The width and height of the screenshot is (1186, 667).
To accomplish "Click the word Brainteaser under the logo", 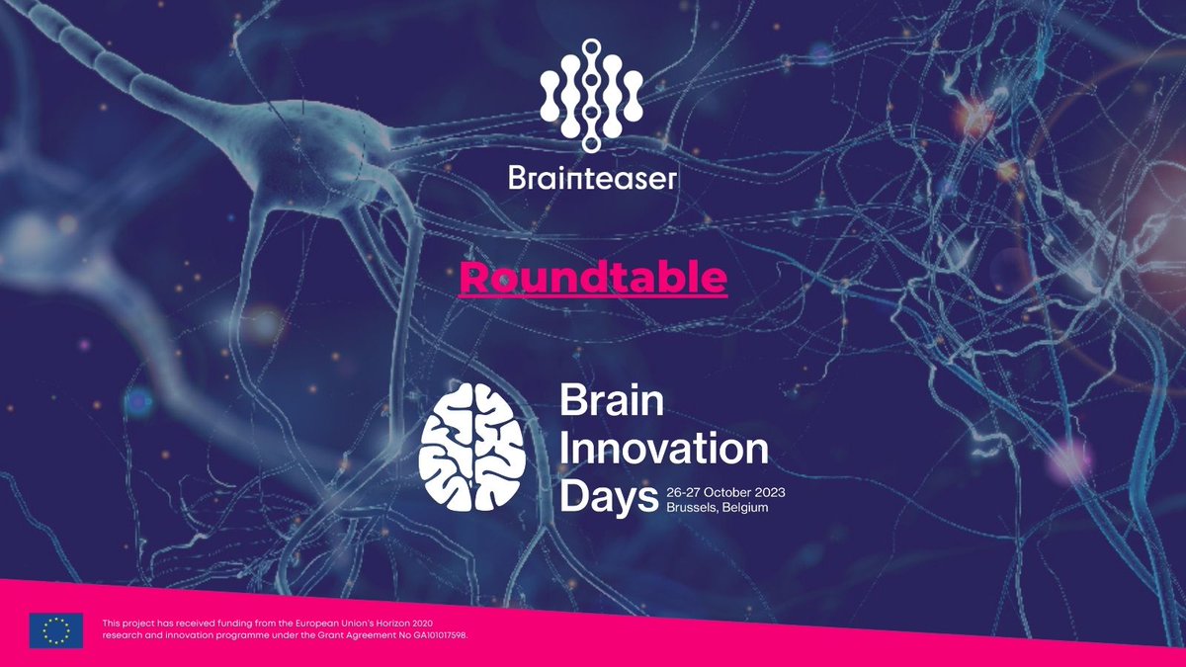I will pyautogui.click(x=592, y=178).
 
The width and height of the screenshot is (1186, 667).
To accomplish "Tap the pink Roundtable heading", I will pyautogui.click(x=593, y=279).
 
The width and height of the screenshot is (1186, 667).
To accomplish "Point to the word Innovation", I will pyautogui.click(x=664, y=450).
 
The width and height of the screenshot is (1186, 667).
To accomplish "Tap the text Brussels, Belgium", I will pyautogui.click(x=717, y=507).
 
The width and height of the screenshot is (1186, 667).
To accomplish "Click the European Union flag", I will pyautogui.click(x=56, y=629).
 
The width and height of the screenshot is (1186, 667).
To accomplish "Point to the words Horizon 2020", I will pyautogui.click(x=407, y=623).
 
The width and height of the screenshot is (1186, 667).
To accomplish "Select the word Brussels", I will pyautogui.click(x=691, y=507).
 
